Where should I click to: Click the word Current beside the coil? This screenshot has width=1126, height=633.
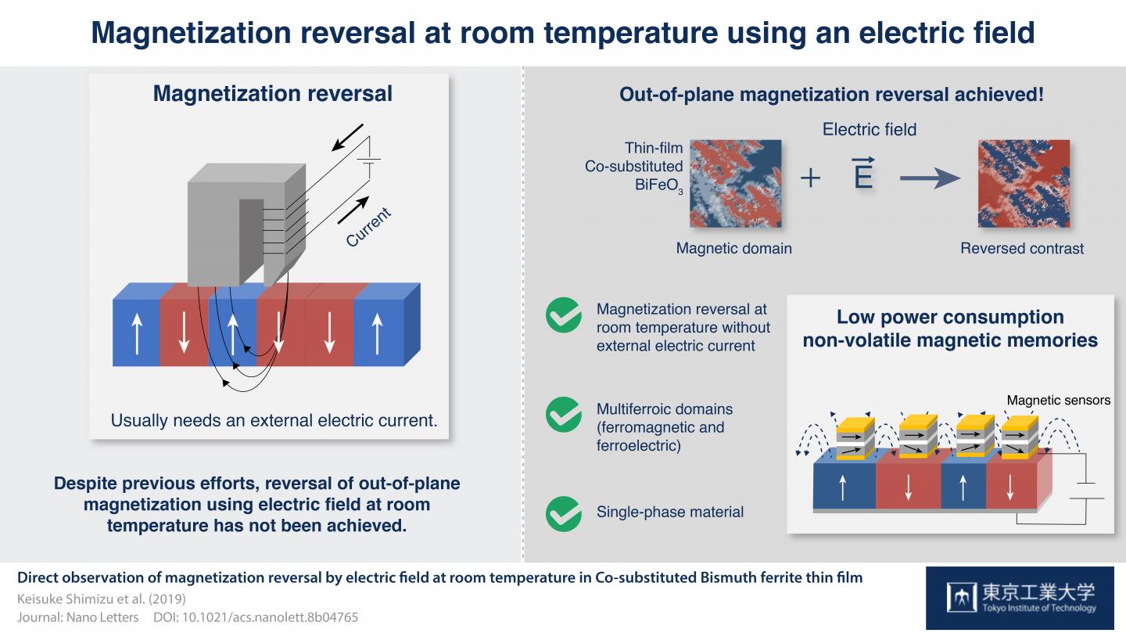(368, 228)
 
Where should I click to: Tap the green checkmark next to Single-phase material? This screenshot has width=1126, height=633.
(563, 513)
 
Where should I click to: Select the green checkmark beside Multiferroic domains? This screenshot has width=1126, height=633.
(563, 415)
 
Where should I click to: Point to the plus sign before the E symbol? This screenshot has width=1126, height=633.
(810, 178)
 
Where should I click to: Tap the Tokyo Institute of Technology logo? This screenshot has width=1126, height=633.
(1020, 598)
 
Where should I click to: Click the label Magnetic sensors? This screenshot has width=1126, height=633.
(1058, 400)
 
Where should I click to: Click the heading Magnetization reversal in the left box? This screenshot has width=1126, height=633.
(272, 94)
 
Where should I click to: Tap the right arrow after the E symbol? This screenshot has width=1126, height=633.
(928, 178)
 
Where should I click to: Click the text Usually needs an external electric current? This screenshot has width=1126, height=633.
(274, 420)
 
